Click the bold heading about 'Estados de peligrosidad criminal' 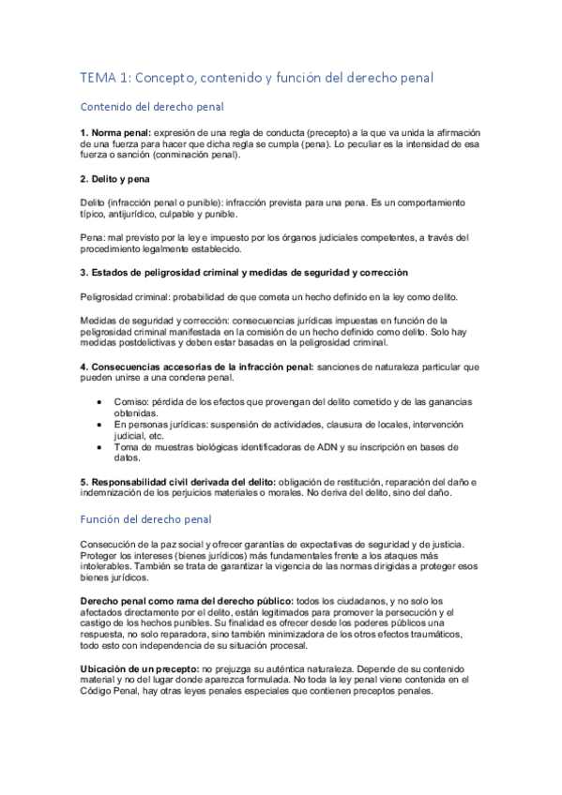(x=243, y=272)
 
